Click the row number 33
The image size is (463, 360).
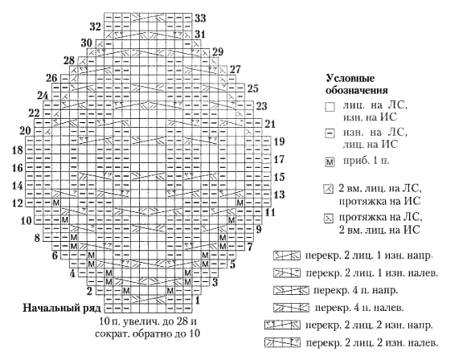pos(200,18)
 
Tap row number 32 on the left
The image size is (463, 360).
pos(96,27)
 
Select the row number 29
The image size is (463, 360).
pos(218,52)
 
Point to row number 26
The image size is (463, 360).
pos(51,78)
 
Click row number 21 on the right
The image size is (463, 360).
pos(269,124)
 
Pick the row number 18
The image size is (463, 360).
pos(17,150)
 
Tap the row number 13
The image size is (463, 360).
pos(279,194)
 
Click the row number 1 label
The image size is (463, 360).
pos(197,301)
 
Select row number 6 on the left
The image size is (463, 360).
pos(55,256)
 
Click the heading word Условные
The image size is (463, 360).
pos(350,78)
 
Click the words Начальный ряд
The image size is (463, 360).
pos(62,308)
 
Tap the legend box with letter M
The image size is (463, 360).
pos(330,162)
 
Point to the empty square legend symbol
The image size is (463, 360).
pos(330,107)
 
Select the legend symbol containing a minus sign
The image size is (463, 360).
pos(330,133)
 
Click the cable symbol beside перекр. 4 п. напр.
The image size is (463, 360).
pos(291,290)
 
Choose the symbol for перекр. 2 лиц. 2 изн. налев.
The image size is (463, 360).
pos(283,342)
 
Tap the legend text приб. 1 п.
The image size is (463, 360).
pos(366,161)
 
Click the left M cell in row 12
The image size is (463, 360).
pos(56,203)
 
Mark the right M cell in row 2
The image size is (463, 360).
pos(170,291)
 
